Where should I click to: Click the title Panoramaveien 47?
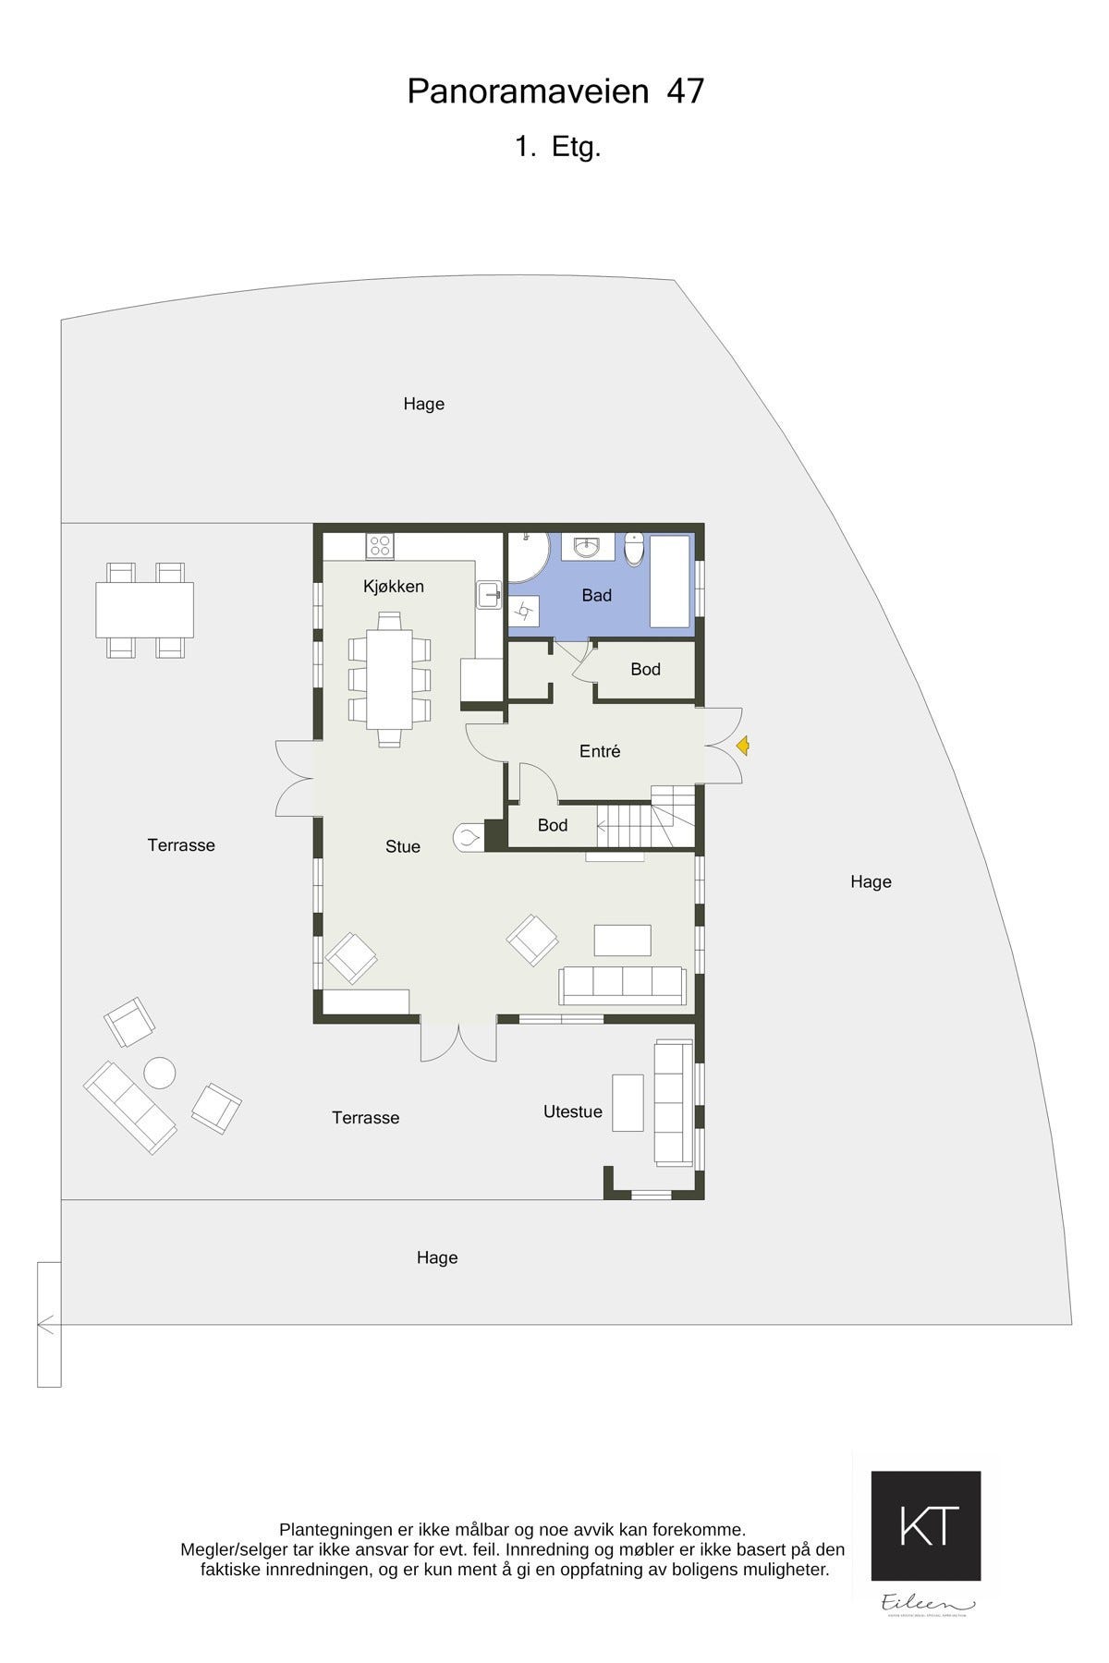coord(555,91)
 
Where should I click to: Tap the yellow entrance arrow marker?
coord(742,747)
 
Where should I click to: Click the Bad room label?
coord(596,596)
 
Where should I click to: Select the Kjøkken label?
coord(394,587)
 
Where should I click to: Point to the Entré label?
coord(600,752)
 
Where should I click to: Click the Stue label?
coord(403,846)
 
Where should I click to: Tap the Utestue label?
coord(572,1112)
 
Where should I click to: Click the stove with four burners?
coord(379,545)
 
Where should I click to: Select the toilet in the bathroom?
coord(634,550)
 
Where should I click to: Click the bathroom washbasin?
coord(586,548)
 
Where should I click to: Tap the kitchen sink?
coord(489,594)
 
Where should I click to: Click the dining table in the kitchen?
coord(389,678)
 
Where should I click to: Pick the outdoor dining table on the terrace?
coord(145,610)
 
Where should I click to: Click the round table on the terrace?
coord(159,1073)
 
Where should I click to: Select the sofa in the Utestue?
coord(673,1101)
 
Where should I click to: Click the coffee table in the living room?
coord(622,940)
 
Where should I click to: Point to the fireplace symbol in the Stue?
coord(468,838)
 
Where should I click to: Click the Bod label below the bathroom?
coord(645,670)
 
